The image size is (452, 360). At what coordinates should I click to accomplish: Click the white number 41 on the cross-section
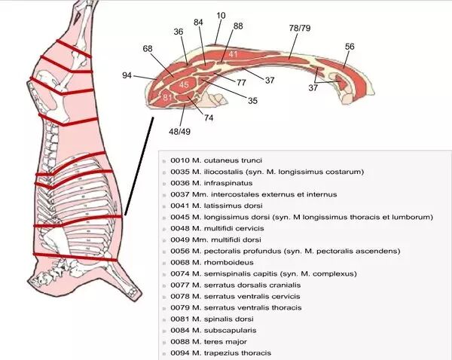tap(233, 54)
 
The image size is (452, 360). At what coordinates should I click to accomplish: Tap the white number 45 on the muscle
tap(183, 84)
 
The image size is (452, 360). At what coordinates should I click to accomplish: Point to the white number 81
tap(168, 98)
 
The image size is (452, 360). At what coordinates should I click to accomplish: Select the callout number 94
tap(127, 75)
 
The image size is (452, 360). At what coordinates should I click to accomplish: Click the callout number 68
tap(148, 49)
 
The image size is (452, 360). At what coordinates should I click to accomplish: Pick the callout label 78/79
tap(299, 28)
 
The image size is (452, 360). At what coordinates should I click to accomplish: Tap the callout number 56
tap(350, 47)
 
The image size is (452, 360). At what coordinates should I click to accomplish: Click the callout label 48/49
tap(179, 131)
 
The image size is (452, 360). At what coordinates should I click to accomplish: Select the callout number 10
tap(221, 16)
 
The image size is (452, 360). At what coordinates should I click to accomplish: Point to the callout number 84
tap(198, 23)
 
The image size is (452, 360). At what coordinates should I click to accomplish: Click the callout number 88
tap(238, 27)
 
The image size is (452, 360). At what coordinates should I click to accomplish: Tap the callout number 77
tap(242, 82)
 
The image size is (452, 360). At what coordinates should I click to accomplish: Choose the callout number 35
tap(252, 100)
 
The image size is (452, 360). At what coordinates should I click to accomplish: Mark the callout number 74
tap(208, 118)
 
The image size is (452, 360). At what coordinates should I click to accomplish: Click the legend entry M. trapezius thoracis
tap(215, 352)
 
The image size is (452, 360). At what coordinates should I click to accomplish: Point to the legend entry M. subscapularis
tap(209, 329)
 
